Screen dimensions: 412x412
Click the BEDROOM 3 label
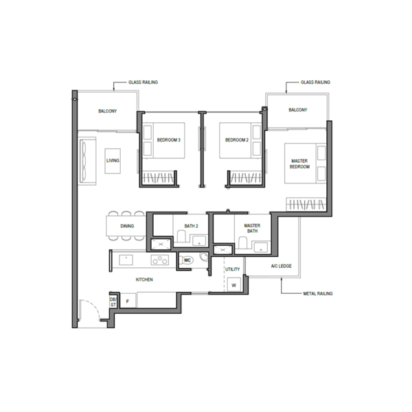pyautogui.click(x=169, y=140)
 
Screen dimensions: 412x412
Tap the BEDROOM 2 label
pyautogui.click(x=237, y=140)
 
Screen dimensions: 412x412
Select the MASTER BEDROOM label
pyautogui.click(x=299, y=163)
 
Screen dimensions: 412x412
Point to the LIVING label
pyautogui.click(x=113, y=161)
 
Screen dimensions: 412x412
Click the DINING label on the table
pyautogui.click(x=127, y=226)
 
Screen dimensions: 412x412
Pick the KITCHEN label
pyautogui.click(x=144, y=279)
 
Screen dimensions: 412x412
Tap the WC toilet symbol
pyautogui.click(x=187, y=260)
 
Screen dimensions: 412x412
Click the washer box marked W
pyautogui.click(x=233, y=284)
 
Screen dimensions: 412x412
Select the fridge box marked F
pyautogui.click(x=128, y=301)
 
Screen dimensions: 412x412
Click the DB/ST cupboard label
pyautogui.click(x=113, y=302)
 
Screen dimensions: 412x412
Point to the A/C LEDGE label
pyautogui.click(x=281, y=266)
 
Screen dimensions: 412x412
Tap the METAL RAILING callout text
pyautogui.click(x=318, y=293)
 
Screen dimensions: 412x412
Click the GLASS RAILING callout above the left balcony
pyautogui.click(x=143, y=82)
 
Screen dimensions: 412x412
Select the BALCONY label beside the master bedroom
pyautogui.click(x=298, y=110)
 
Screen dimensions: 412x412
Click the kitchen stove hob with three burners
pyautogui.click(x=160, y=260)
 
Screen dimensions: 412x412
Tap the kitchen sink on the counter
pyautogui.click(x=126, y=260)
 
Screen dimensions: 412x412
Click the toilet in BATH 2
pyautogui.click(x=181, y=236)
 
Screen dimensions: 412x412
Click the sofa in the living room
pyautogui.click(x=87, y=161)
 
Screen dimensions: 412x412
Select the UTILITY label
pyautogui.click(x=232, y=269)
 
